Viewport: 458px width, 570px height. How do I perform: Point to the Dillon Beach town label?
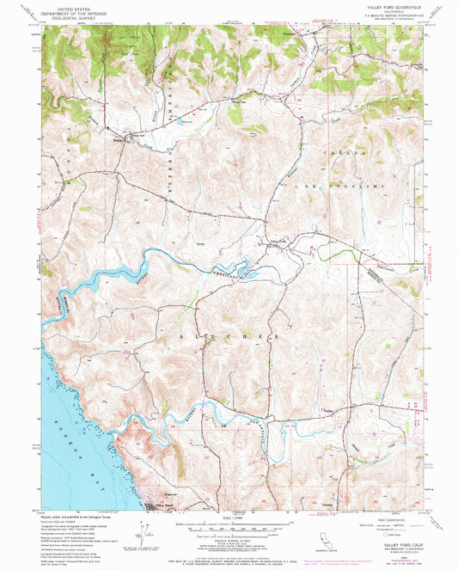[155, 505]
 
